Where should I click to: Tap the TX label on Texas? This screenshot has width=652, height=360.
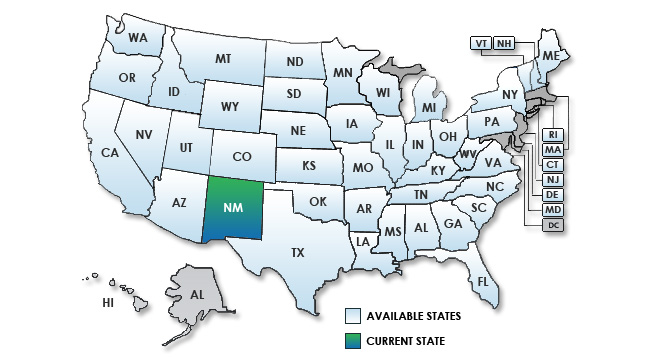coord(297,253)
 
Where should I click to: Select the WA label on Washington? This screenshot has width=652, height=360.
coord(138,40)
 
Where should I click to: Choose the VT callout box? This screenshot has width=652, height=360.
coord(481,44)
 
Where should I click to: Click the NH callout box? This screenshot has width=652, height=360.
coord(504,44)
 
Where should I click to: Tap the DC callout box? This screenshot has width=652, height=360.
coord(552,225)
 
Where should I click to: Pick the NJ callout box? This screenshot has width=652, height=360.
coord(552,180)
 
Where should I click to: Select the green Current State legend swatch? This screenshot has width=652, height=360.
coord(353,340)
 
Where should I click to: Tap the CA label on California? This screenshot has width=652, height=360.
coord(111,153)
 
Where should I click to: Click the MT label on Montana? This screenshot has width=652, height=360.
coord(223,60)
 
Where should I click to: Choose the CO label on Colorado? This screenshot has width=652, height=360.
coord(241,157)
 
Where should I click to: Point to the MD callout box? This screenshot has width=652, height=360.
coord(552,210)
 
